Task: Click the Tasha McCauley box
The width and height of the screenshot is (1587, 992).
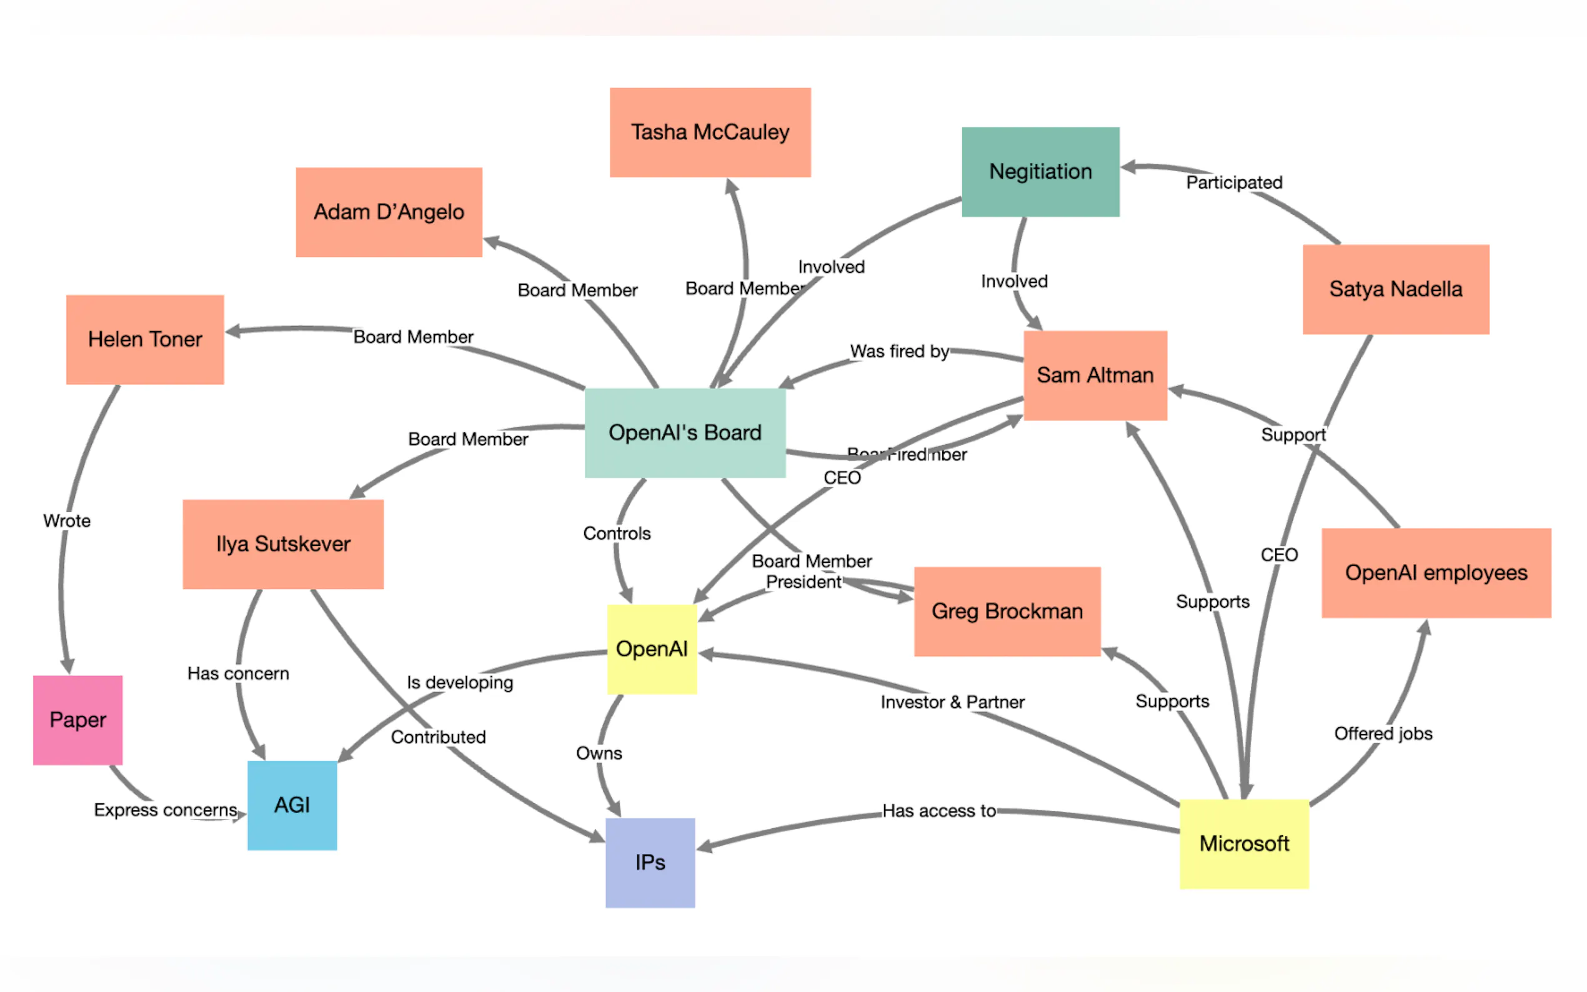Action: pyautogui.click(x=710, y=132)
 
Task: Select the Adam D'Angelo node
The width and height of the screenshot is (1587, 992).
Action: pyautogui.click(x=389, y=212)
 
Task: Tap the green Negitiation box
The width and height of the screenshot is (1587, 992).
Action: pyautogui.click(x=1040, y=172)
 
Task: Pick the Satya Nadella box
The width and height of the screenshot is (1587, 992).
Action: pyautogui.click(x=1395, y=289)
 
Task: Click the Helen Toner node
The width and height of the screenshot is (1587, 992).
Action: pyautogui.click(x=145, y=339)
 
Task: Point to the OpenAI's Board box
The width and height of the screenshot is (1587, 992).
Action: pyautogui.click(x=685, y=433)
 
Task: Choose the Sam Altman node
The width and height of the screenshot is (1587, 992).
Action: pyautogui.click(x=1095, y=375)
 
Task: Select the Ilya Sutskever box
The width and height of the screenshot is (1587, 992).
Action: pyautogui.click(x=283, y=544)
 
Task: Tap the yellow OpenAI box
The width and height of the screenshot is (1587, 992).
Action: pyautogui.click(x=652, y=649)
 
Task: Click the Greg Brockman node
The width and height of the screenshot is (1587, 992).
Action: pyautogui.click(x=1007, y=612)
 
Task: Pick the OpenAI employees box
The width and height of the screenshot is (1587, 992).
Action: pyautogui.click(x=1435, y=573)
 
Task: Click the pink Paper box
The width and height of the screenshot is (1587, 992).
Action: pyautogui.click(x=77, y=720)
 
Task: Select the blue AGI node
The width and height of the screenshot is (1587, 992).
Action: pyautogui.click(x=292, y=805)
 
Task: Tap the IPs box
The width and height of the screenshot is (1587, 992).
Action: pyautogui.click(x=650, y=862)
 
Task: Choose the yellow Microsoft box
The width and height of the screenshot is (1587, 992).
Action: pyautogui.click(x=1244, y=844)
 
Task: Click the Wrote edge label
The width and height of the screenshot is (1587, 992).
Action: pyautogui.click(x=67, y=521)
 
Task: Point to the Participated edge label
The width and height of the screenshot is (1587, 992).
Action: pyautogui.click(x=1233, y=182)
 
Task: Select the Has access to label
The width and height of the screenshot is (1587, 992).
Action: pyautogui.click(x=939, y=811)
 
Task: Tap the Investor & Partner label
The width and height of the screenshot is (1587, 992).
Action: pyautogui.click(x=952, y=702)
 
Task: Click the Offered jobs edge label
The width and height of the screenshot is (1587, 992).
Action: pyautogui.click(x=1383, y=733)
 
